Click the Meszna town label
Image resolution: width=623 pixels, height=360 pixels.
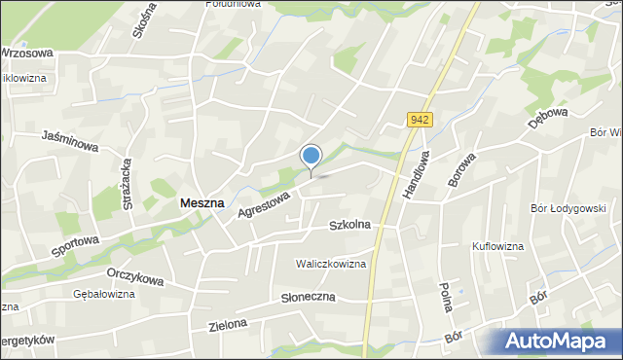pyautogui.click(x=202, y=203)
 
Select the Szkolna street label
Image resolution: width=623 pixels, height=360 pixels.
pyautogui.click(x=350, y=225)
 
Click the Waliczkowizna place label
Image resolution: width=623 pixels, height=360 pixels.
pyautogui.click(x=331, y=264)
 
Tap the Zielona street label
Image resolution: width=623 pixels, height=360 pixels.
pyautogui.click(x=227, y=325)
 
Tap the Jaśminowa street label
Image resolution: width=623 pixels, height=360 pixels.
pyautogui.click(x=71, y=144)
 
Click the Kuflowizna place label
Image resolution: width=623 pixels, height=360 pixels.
pyautogui.click(x=497, y=246)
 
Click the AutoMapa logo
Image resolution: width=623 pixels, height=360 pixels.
pyautogui.click(x=560, y=341)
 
